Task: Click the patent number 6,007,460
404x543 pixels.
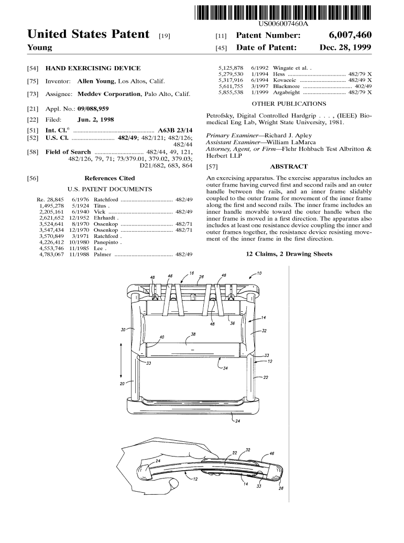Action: tap(350, 35)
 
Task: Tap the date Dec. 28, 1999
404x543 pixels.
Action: tap(345, 48)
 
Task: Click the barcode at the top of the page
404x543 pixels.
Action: tap(282, 12)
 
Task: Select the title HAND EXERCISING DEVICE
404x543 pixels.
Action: tap(93, 68)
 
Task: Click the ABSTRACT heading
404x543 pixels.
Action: tap(288, 166)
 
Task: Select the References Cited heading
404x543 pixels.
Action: tap(110, 178)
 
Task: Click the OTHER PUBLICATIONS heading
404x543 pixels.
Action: tap(289, 104)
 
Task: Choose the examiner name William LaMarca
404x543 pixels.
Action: tap(292, 142)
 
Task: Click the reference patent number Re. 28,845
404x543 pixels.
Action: tap(50, 200)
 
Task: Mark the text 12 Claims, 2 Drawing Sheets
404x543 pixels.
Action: tap(289, 254)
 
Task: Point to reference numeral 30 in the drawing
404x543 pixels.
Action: tap(123, 330)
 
